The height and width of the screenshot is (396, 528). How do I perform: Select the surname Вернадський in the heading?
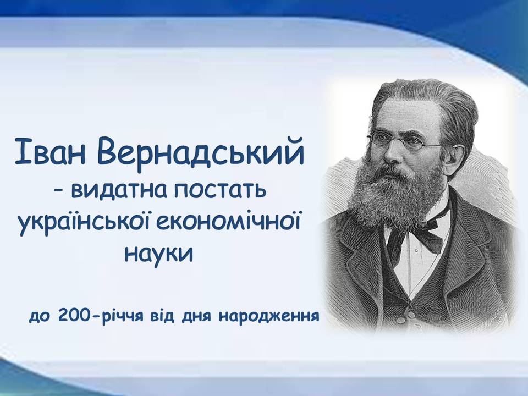pyautogui.click(x=201, y=152)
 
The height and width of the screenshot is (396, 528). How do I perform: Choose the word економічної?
pyautogui.click(x=228, y=222)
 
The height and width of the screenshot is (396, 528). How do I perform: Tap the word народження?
pyautogui.click(x=269, y=316)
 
